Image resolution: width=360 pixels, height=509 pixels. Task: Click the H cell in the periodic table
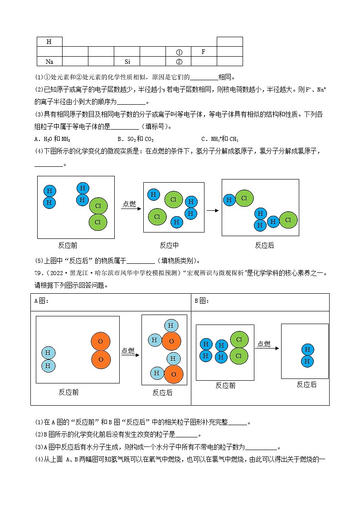[x=49, y=42]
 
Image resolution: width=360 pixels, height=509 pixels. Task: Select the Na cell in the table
[x=49, y=62]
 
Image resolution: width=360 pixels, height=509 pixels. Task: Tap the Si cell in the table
[x=127, y=62]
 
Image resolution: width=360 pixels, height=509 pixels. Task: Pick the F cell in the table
[x=203, y=52]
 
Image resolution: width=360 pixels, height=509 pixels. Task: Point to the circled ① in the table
[x=179, y=52]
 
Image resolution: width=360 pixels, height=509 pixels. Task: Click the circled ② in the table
[x=179, y=62]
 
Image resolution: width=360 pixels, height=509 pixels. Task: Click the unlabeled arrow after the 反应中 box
[x=212, y=210]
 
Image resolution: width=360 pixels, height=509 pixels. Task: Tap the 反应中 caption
[x=169, y=245]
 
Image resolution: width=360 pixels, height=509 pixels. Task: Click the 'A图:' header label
[x=41, y=301]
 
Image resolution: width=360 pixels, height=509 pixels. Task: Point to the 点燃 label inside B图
[x=264, y=344]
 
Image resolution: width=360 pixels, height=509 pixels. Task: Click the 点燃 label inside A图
[x=128, y=351]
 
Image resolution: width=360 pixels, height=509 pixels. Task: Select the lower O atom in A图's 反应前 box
[x=101, y=359]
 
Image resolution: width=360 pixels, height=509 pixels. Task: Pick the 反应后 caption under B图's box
[x=306, y=384]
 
